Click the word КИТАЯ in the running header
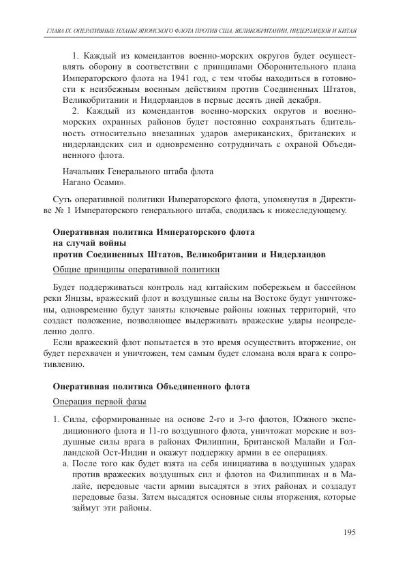[x=346, y=32]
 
